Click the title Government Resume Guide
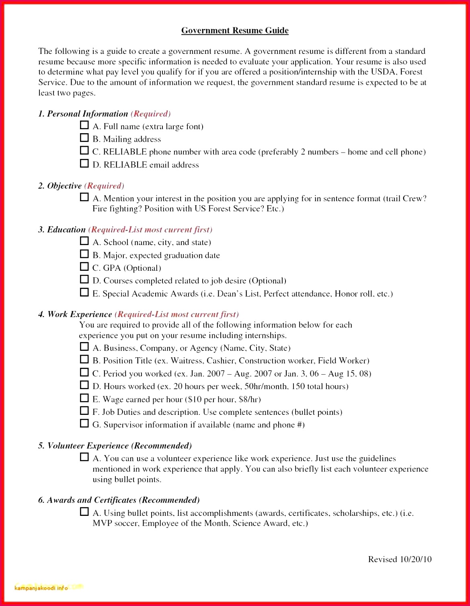[x=235, y=31]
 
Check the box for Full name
[x=84, y=125]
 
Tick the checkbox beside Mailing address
[x=84, y=138]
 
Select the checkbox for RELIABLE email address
[x=84, y=163]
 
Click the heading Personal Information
[x=87, y=114]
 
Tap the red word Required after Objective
[x=104, y=186]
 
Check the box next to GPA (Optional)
[x=84, y=267]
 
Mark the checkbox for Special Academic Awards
[x=84, y=293]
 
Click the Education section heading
[x=66, y=230]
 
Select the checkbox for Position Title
[x=84, y=359]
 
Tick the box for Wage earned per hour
[x=84, y=398]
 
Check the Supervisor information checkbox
[x=84, y=423]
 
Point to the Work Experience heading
[x=80, y=314]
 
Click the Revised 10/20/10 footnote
[x=400, y=559]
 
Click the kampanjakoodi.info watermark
[x=41, y=588]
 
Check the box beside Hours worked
[x=84, y=385]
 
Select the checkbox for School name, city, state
[x=84, y=241]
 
